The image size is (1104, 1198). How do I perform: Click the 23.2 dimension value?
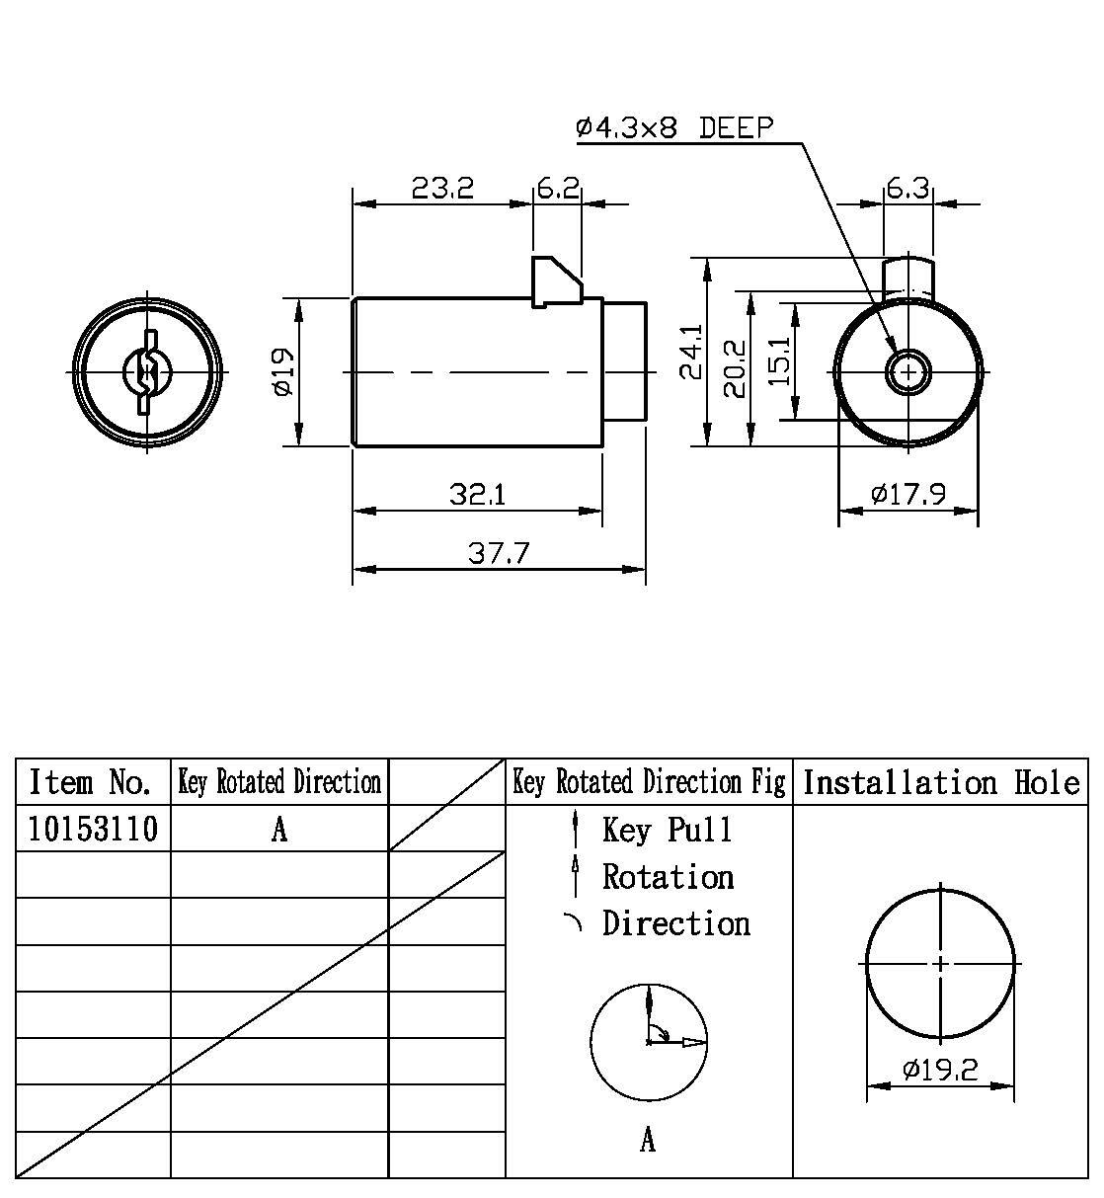point(442,187)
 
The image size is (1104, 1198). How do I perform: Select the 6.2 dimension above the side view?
point(558,187)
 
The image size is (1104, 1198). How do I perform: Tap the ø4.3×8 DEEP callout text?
point(674,127)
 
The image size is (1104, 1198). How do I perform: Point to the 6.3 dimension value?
point(907,187)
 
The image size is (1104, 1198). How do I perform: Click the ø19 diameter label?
point(283,372)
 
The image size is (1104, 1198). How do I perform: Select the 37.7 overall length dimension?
point(499,552)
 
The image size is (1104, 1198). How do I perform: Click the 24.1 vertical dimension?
point(690,352)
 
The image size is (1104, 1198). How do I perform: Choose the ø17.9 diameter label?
point(908,493)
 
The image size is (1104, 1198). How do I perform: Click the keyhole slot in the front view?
point(147,372)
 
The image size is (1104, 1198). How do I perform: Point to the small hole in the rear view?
point(907,372)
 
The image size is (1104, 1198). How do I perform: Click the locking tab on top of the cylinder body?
point(556,280)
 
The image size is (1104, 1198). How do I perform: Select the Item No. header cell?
point(91,782)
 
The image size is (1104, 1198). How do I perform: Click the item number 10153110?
point(92,829)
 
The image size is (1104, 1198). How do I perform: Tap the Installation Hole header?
point(940,783)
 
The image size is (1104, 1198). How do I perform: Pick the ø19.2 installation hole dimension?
point(940,1069)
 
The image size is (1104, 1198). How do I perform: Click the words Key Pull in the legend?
point(668,830)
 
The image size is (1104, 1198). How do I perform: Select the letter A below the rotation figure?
point(648,1141)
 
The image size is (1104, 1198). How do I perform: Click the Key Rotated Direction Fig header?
point(649,783)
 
